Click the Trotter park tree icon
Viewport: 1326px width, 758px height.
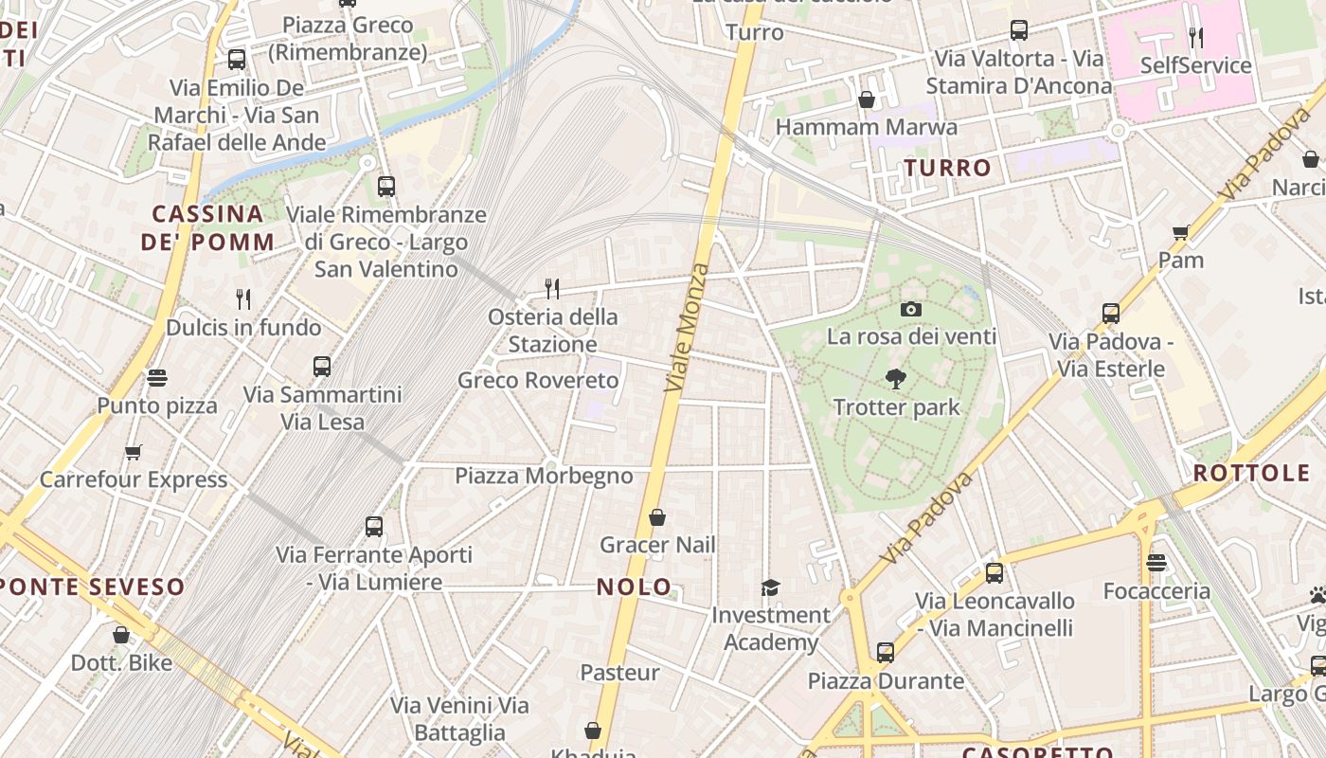click(x=895, y=379)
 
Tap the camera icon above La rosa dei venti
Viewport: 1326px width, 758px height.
click(x=911, y=309)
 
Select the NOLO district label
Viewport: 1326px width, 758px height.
click(x=635, y=587)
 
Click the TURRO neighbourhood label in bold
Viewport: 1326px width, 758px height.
click(x=947, y=168)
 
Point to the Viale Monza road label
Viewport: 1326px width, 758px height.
click(x=688, y=328)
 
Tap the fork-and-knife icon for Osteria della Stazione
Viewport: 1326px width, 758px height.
click(x=552, y=288)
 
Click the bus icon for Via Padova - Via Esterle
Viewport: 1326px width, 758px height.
click(x=1111, y=313)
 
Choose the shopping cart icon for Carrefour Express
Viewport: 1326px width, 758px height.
click(x=133, y=452)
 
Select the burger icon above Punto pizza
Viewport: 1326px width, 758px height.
click(x=157, y=378)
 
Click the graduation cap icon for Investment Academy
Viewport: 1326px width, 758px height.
click(x=770, y=587)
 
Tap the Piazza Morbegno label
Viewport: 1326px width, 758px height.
click(x=544, y=475)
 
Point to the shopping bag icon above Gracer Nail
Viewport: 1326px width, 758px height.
click(x=657, y=517)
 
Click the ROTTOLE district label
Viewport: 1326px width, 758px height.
click(x=1250, y=473)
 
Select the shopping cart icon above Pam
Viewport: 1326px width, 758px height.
click(x=1180, y=232)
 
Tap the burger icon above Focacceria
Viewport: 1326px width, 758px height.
click(x=1156, y=563)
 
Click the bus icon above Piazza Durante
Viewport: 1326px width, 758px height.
click(x=885, y=652)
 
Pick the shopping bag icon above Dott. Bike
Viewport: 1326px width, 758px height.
click(x=121, y=634)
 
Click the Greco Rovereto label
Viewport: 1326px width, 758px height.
click(x=538, y=380)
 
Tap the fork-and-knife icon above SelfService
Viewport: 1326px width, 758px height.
click(x=1196, y=37)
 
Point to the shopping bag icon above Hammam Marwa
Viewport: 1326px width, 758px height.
click(x=866, y=99)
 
